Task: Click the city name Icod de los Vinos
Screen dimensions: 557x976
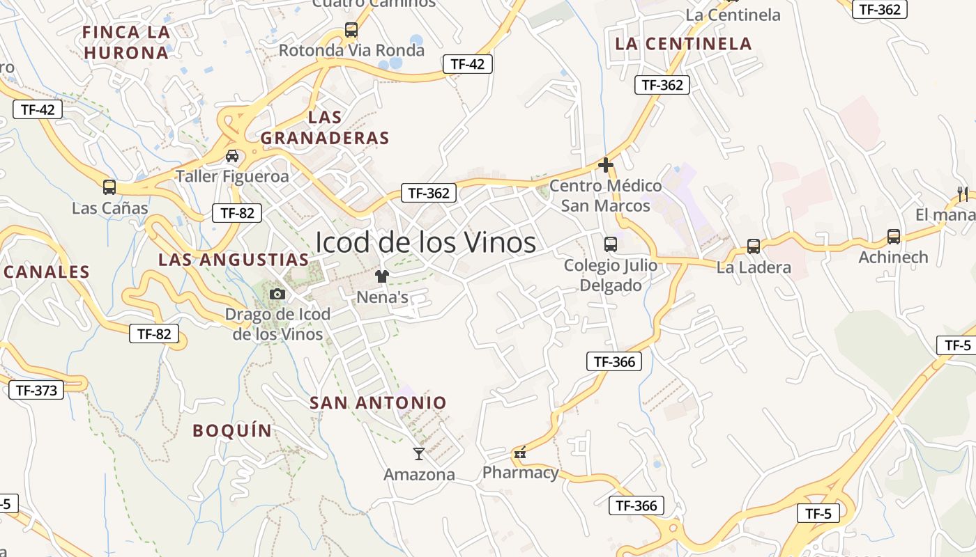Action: pos(425,242)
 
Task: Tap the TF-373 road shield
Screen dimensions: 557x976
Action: pos(36,390)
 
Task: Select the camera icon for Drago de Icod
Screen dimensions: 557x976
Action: pos(277,294)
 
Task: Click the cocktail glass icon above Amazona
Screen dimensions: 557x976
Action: pos(418,454)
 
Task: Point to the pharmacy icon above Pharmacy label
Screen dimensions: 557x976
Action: pos(519,453)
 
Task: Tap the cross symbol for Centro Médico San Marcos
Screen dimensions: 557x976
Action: pos(606,165)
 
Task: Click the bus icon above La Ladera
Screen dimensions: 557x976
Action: pos(754,246)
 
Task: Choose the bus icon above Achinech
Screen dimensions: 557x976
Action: pos(894,237)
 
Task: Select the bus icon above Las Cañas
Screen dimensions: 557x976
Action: pos(109,187)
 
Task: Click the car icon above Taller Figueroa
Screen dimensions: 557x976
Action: pos(232,155)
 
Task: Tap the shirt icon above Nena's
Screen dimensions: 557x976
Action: pos(381,276)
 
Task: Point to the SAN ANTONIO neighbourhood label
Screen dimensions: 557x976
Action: pos(378,402)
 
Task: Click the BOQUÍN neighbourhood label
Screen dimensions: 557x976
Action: pos(232,430)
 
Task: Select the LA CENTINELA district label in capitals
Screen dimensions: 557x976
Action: pos(683,44)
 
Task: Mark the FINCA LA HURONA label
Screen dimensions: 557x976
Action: pos(126,42)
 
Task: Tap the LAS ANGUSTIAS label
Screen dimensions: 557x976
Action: pos(234,260)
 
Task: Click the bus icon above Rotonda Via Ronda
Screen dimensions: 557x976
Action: pos(351,30)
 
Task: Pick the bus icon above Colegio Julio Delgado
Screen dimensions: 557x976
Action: pos(611,244)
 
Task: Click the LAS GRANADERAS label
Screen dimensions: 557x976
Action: pos(325,127)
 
